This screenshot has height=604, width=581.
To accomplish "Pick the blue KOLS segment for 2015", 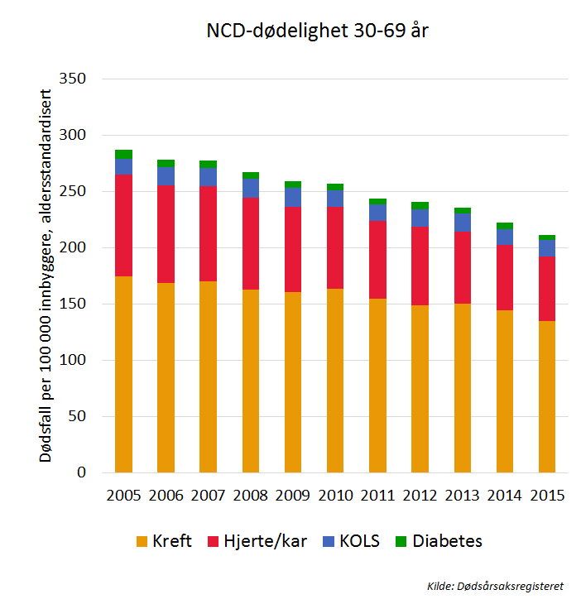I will pyautogui.click(x=546, y=247).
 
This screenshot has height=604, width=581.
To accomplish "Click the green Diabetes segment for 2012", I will pyautogui.click(x=420, y=205).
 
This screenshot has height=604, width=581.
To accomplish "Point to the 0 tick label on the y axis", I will pyautogui.click(x=81, y=473).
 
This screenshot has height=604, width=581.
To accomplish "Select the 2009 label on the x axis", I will pyautogui.click(x=292, y=496).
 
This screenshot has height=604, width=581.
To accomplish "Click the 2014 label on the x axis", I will pyautogui.click(x=504, y=496).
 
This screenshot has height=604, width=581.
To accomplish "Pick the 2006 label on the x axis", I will pyautogui.click(x=166, y=496).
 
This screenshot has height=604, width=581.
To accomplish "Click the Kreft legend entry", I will pyautogui.click(x=165, y=542).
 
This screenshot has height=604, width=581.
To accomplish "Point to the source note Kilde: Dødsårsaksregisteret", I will pyautogui.click(x=495, y=586).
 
